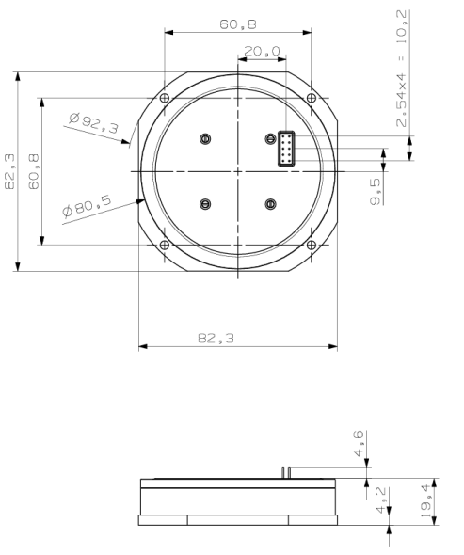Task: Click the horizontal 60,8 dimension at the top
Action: [x=236, y=24]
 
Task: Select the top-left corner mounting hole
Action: [x=165, y=100]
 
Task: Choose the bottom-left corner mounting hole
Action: [x=165, y=246]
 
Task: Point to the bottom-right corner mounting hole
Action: [x=310, y=246]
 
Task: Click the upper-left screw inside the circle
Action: [x=205, y=139]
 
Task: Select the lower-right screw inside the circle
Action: [x=270, y=204]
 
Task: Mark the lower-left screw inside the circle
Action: [x=205, y=204]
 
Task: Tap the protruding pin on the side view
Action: [x=284, y=471]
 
